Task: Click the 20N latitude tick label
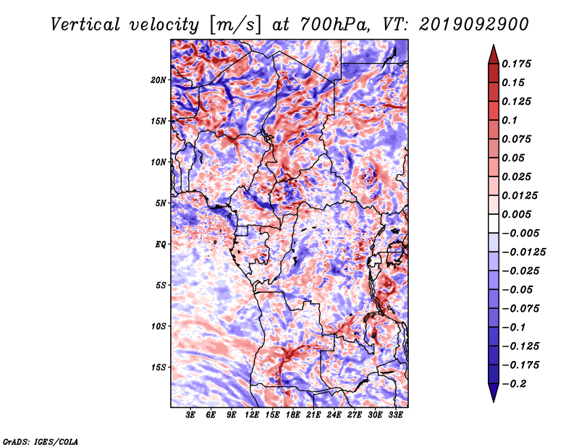tap(159, 80)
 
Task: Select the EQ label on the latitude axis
tap(160, 244)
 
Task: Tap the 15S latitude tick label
tap(159, 367)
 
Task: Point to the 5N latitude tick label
tap(161, 203)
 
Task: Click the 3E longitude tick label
tap(190, 415)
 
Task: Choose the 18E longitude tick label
tap(293, 415)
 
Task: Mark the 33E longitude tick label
tap(395, 415)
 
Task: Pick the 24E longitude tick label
tap(334, 415)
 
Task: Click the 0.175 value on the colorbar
tap(516, 64)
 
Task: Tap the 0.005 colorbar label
tap(516, 214)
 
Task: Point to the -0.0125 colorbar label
tap(523, 252)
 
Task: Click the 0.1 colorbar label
tap(510, 120)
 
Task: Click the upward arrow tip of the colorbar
tap(494, 45)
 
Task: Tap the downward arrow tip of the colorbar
tap(494, 401)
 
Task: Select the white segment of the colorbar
tap(494, 223)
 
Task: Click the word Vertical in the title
tap(85, 25)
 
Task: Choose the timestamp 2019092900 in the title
tap(474, 25)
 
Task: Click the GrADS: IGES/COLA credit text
tap(41, 442)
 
